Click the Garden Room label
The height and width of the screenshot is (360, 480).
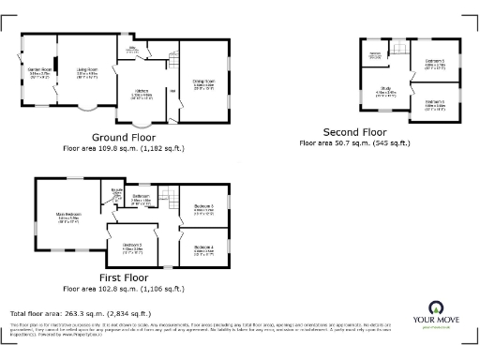point(37,69)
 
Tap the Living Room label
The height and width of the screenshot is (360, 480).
point(88,69)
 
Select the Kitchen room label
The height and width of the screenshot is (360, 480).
point(143,92)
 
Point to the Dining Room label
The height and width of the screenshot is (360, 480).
point(204,82)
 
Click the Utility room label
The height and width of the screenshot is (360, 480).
point(133,48)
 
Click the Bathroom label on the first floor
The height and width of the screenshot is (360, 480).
point(142,196)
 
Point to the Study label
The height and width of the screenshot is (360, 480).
point(386,90)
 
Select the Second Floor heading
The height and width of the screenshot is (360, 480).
point(354,131)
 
